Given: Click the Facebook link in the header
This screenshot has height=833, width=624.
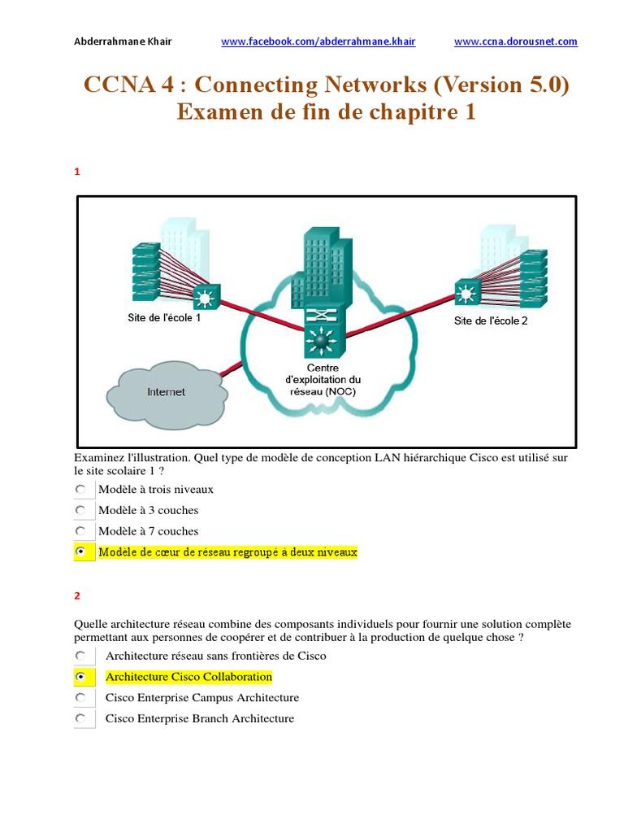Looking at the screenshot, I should point(318,41).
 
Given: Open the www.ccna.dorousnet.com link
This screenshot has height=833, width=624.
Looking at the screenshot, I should point(515,41).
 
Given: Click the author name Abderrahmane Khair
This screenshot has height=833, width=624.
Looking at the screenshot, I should point(123,41).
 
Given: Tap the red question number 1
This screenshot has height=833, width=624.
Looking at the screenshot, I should point(77,172).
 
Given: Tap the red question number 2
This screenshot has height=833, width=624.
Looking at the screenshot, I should point(77,595).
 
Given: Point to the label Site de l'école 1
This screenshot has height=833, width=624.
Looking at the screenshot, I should point(163,318).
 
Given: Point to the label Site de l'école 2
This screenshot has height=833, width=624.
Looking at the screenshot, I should point(490,321).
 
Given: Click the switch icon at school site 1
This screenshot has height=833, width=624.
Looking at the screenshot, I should point(203,297).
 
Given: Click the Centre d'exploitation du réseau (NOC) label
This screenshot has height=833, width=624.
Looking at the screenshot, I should point(322,380).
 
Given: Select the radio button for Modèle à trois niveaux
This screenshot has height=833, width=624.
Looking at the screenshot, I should point(80,490).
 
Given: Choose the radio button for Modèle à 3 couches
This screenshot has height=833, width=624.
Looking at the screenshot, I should point(80,510).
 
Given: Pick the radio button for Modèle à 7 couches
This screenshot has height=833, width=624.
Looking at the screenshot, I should point(80,531).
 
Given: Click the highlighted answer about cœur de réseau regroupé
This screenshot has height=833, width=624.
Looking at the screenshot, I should point(227,552).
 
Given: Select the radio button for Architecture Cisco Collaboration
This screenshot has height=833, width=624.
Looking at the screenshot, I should point(80,677).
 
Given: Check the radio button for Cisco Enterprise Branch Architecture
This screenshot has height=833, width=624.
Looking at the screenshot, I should point(80,718).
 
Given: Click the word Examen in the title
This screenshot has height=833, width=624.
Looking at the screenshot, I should point(214,112).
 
